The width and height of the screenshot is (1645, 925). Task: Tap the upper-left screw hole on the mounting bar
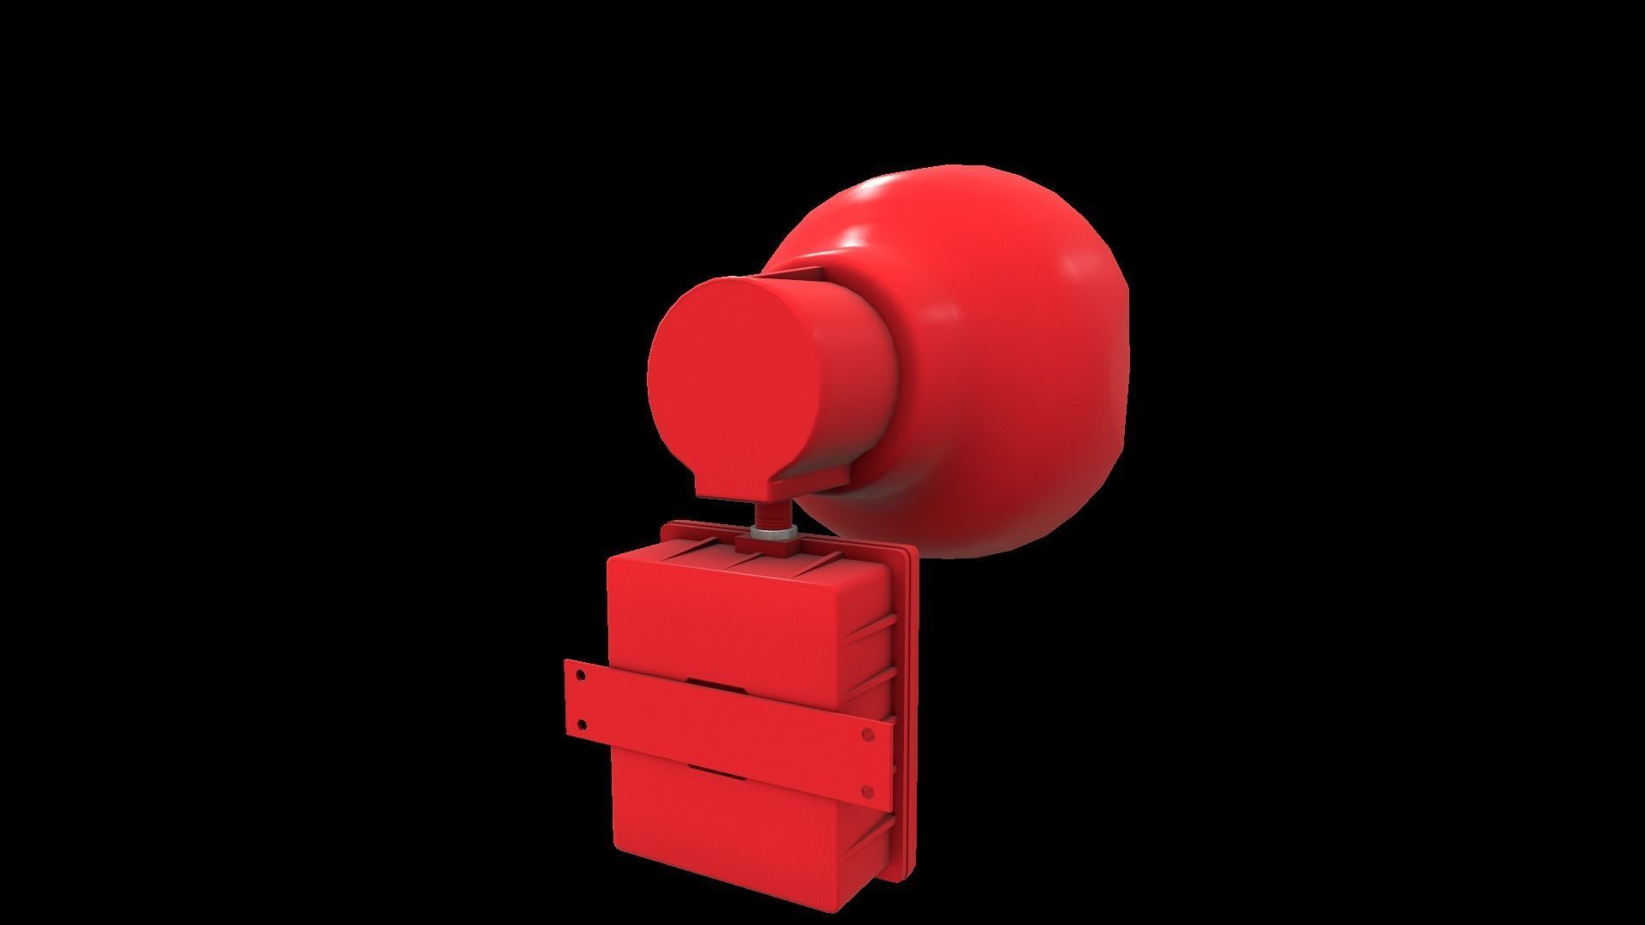tap(582, 675)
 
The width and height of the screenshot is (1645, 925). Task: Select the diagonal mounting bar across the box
tap(728, 728)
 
